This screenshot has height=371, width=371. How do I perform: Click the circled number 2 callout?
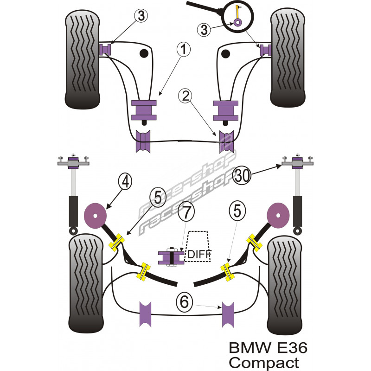[x=185, y=96]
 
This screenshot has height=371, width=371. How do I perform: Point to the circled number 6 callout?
[x=184, y=303]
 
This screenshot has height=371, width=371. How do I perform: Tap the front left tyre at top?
[x=83, y=59]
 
